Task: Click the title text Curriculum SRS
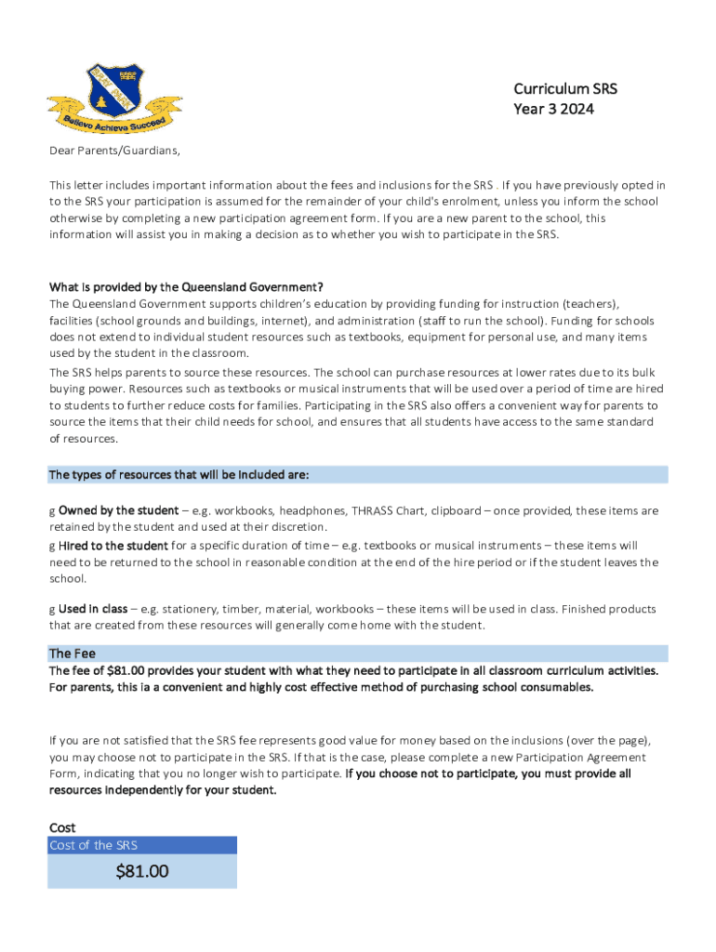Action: [564, 89]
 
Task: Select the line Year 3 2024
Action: [553, 110]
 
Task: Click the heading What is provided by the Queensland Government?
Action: [186, 286]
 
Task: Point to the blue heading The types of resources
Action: [179, 475]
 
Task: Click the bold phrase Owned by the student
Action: [118, 510]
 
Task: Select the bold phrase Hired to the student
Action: [113, 546]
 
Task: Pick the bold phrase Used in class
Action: [93, 609]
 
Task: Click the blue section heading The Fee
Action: [72, 654]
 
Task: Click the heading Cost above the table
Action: [62, 827]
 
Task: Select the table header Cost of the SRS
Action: [94, 845]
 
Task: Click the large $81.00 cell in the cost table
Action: [142, 871]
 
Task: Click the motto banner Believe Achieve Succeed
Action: [114, 122]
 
